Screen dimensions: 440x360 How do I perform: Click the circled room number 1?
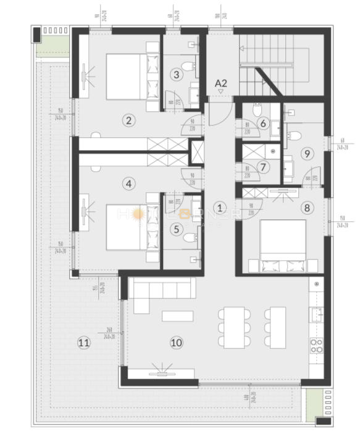coord(220,208)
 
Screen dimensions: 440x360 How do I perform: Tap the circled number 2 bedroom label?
coord(128,120)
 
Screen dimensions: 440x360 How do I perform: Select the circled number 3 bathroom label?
coord(177,74)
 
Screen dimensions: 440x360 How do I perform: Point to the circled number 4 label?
coord(128,184)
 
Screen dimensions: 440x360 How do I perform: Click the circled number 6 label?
coord(263,124)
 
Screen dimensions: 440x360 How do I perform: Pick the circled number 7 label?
coord(263,167)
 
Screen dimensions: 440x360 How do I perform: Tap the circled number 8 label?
coord(307,208)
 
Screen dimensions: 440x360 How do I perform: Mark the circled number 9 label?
coord(307,153)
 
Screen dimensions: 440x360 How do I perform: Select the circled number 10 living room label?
coord(177,342)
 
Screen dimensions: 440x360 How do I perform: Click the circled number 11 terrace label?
coord(84,342)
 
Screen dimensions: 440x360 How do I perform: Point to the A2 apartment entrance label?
coord(220,82)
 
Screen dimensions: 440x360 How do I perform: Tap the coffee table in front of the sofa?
coord(178,316)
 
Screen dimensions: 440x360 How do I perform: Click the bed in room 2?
coord(130,77)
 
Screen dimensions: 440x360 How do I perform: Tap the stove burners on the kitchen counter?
coord(316,344)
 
